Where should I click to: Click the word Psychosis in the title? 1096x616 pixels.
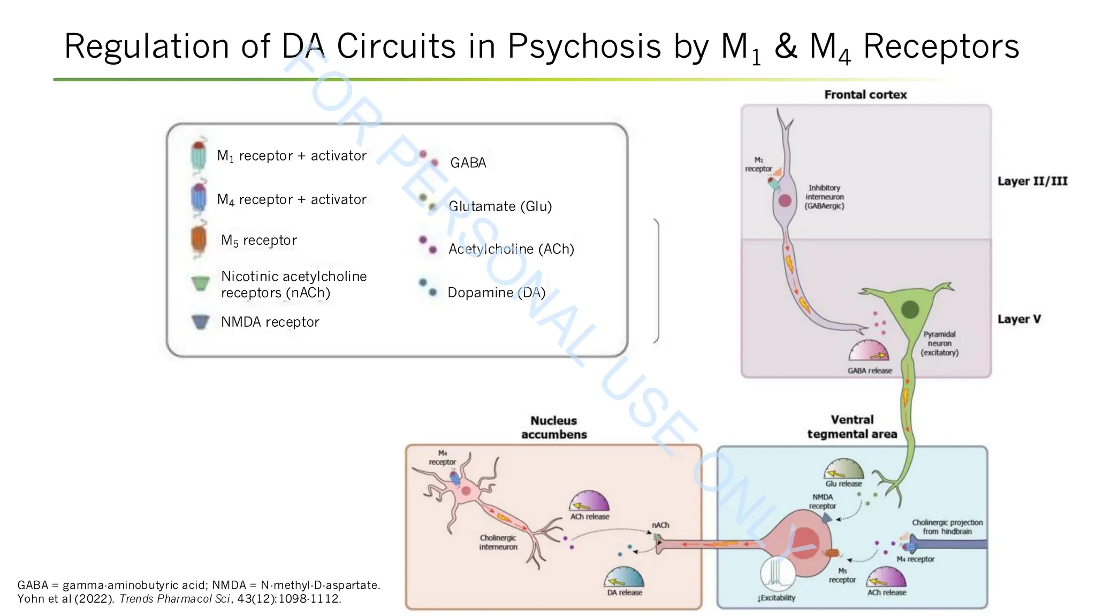click(x=584, y=47)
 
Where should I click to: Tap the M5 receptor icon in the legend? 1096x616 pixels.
click(x=199, y=240)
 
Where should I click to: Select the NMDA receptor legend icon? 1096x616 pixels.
click(x=200, y=321)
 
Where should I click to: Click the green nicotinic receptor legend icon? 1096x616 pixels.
click(x=200, y=283)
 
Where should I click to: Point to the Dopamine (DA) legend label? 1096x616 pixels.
click(x=496, y=292)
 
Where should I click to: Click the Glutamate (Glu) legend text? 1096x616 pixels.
click(x=500, y=206)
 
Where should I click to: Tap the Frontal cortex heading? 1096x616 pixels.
click(x=865, y=95)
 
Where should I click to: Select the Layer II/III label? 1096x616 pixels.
click(x=1032, y=181)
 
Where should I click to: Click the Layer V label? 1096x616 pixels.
click(x=1019, y=319)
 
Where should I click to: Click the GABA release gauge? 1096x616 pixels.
click(x=869, y=352)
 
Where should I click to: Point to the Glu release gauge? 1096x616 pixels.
click(x=843, y=470)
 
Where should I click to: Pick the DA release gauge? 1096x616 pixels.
click(x=624, y=579)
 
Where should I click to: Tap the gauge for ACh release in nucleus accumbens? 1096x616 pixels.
click(x=589, y=503)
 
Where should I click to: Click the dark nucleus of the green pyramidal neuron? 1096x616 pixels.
click(x=910, y=309)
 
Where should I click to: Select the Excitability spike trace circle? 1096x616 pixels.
click(x=777, y=574)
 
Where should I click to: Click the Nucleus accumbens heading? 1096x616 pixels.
click(x=554, y=427)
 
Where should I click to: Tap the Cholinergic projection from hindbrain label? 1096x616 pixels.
click(x=947, y=527)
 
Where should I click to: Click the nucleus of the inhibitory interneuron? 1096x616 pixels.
click(x=785, y=201)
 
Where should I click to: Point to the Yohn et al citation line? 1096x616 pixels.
click(x=179, y=599)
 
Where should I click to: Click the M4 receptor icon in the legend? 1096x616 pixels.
click(x=199, y=198)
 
